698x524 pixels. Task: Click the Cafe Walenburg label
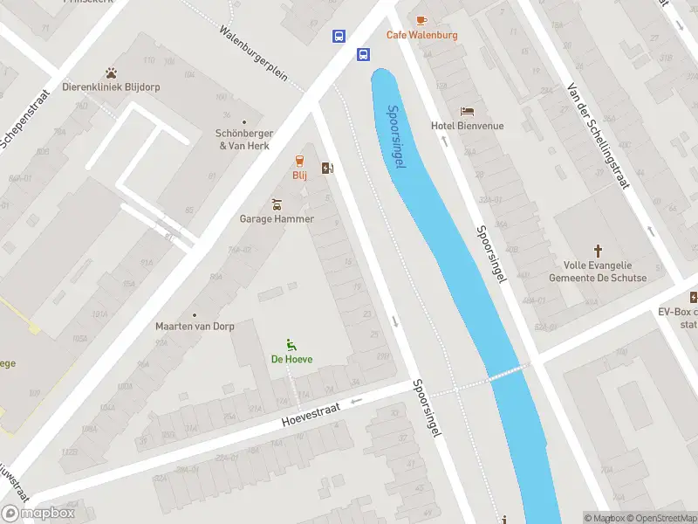point(421,35)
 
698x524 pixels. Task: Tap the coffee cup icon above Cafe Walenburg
point(421,19)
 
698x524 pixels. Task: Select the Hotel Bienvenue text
point(467,126)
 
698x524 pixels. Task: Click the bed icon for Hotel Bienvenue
point(468,112)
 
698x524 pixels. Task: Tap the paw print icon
point(111,72)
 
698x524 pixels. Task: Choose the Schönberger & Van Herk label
point(245,139)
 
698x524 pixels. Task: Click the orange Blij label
point(299,176)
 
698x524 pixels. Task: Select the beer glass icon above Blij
point(299,161)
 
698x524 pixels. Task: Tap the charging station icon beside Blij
point(327,169)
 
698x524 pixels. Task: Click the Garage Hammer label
point(277,218)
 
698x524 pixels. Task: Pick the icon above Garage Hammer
point(277,204)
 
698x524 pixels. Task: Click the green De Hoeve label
point(291,359)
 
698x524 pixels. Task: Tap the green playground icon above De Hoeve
point(291,344)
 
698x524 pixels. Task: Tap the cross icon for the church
point(598,251)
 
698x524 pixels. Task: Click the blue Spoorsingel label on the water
point(397,137)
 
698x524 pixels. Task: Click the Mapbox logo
point(38,514)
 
